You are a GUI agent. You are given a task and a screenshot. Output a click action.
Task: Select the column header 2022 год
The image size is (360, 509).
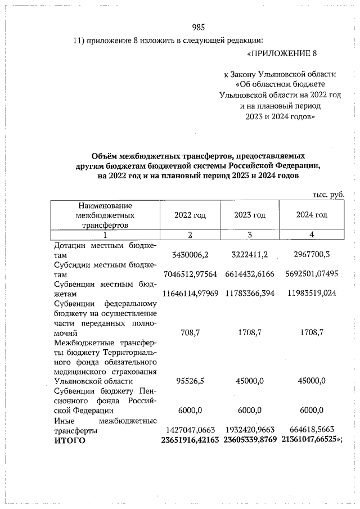190,215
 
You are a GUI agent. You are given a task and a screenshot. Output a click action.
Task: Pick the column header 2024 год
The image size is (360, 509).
312,215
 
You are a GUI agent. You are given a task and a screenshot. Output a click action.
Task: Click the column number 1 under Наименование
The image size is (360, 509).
105,235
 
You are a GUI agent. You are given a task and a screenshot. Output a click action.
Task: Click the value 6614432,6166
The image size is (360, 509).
250,274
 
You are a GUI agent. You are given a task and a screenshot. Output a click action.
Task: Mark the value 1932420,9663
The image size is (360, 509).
250,430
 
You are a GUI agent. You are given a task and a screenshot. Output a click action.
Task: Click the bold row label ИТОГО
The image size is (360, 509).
70,440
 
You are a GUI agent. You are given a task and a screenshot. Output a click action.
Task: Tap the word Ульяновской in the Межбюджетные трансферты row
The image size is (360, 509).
76,381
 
